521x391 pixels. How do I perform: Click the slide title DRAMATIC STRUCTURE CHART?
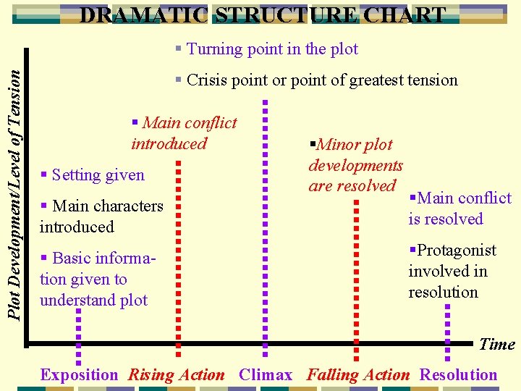tap(262, 15)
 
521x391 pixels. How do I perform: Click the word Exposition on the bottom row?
tap(79, 375)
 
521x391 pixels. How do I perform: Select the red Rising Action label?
tap(176, 375)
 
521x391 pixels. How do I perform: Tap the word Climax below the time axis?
tap(266, 375)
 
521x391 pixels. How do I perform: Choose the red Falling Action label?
tap(358, 375)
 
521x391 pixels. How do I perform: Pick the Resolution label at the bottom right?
tap(458, 375)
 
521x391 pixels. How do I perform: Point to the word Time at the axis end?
tap(497, 345)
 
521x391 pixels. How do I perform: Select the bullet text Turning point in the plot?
tap(267, 49)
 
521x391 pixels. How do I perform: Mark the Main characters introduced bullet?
tap(101, 216)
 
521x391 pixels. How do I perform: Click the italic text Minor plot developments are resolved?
tap(355, 165)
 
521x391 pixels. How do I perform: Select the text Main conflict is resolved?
tap(459, 209)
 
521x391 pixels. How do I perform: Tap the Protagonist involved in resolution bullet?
tap(452, 272)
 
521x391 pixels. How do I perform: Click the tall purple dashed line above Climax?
tap(266, 217)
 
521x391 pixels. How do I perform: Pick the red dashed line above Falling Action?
tap(356, 275)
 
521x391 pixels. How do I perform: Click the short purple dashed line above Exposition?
tap(79, 333)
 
